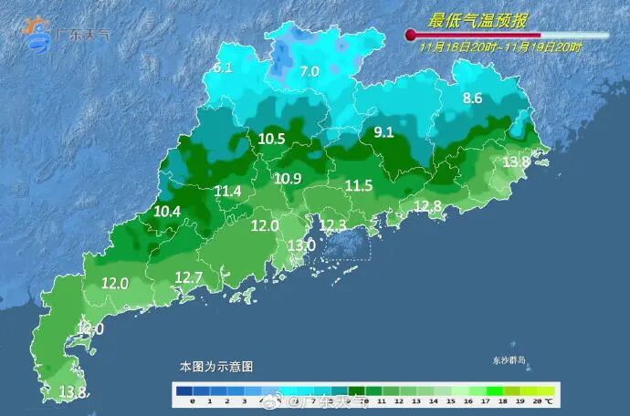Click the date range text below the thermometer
pos(501,44)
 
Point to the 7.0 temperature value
pos(310,71)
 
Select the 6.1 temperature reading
pos(223,68)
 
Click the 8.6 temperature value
pos(472,98)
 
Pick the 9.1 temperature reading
pos(383,131)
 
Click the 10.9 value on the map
pos(288,178)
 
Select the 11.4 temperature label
pos(228,191)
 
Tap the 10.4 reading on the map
pos(167,211)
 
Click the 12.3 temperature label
pos(332,224)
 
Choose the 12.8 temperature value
pos(427,206)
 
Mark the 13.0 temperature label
pos(301,245)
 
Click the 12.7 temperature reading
pos(188,276)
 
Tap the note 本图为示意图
pos(215,366)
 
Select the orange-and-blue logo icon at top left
pos(37,34)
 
